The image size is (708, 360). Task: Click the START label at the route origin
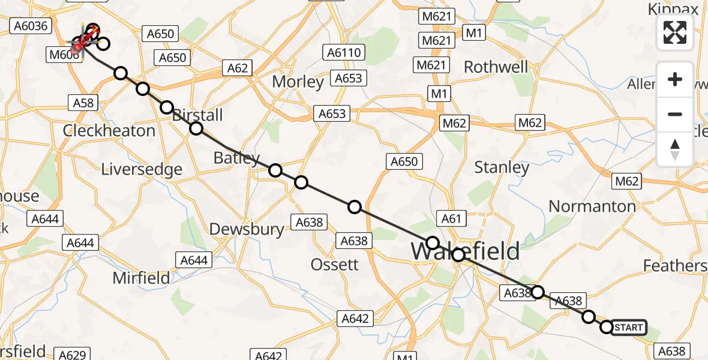(x=629, y=328)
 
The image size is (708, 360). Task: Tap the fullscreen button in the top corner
(x=675, y=32)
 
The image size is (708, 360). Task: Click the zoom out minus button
(x=675, y=114)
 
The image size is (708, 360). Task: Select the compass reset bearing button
(x=675, y=149)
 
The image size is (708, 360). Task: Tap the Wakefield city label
(x=465, y=251)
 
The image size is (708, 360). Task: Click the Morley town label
(x=298, y=81)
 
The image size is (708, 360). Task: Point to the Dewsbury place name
(x=247, y=229)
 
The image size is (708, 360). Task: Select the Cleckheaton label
(x=109, y=130)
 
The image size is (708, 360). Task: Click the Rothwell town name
(x=496, y=67)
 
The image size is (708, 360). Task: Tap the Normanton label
(x=592, y=206)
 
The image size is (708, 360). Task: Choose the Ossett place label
(x=335, y=264)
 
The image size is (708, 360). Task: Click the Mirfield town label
(x=142, y=278)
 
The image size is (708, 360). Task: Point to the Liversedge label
(x=142, y=169)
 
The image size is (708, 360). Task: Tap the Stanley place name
(x=502, y=167)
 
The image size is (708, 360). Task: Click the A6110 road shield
(x=344, y=53)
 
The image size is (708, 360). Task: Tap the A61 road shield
(x=451, y=219)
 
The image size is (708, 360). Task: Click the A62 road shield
(x=238, y=68)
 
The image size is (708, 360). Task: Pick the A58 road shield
(x=83, y=103)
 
